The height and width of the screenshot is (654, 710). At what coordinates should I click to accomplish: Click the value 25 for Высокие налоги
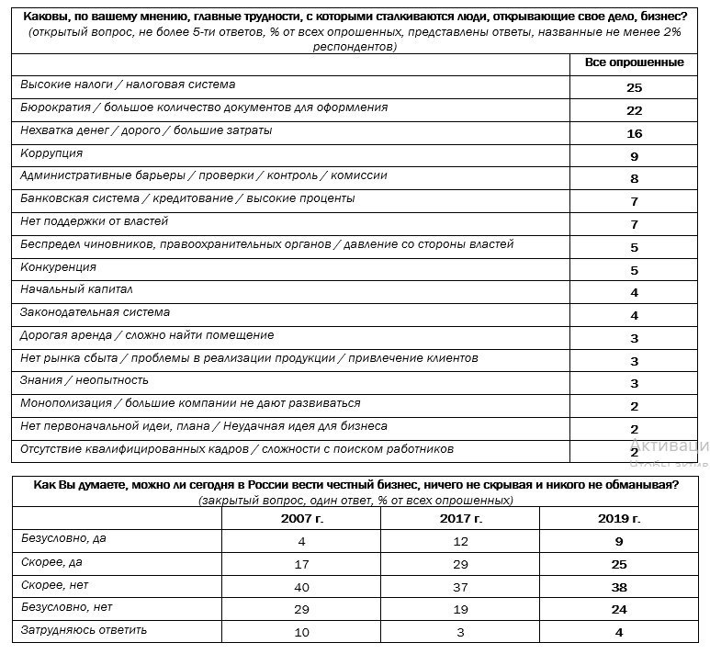pyautogui.click(x=634, y=88)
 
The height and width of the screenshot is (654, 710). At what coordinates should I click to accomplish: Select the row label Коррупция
pyautogui.click(x=51, y=153)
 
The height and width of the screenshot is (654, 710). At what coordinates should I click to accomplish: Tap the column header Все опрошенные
pyautogui.click(x=634, y=62)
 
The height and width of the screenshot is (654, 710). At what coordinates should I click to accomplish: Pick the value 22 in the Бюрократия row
pyautogui.click(x=634, y=111)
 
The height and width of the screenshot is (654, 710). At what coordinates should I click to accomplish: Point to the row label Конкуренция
pyautogui.click(x=58, y=267)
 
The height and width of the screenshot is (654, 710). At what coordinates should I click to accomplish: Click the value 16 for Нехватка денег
pyautogui.click(x=634, y=134)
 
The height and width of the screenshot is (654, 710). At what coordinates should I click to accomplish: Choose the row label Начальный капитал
pyautogui.click(x=76, y=289)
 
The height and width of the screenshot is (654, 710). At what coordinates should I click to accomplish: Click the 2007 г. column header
pyautogui.click(x=302, y=519)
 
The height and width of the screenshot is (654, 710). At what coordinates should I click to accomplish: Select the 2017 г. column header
pyautogui.click(x=460, y=519)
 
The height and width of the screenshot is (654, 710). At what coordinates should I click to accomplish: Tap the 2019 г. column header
pyautogui.click(x=618, y=519)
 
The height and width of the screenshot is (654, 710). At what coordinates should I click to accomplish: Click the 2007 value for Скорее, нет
pyautogui.click(x=302, y=587)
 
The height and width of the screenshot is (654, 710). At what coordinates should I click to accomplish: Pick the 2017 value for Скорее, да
pyautogui.click(x=460, y=564)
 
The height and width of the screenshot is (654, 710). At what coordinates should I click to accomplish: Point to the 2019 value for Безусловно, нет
pyautogui.click(x=618, y=609)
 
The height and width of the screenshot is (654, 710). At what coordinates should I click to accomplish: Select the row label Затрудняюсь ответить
pyautogui.click(x=84, y=630)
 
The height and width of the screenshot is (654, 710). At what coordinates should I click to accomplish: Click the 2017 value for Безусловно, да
pyautogui.click(x=460, y=542)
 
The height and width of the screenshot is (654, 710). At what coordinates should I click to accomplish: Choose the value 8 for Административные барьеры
pyautogui.click(x=634, y=179)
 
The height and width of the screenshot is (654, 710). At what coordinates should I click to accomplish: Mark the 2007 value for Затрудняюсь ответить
pyautogui.click(x=302, y=632)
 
